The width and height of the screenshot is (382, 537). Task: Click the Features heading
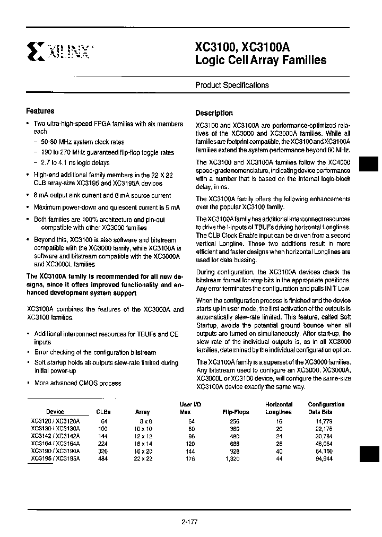click(x=40, y=111)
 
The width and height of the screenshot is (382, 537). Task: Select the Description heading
click(x=214, y=113)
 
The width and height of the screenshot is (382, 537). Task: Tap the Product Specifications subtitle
click(x=232, y=85)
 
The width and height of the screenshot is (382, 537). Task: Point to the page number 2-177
click(x=189, y=522)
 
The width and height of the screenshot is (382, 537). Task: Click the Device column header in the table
click(x=55, y=412)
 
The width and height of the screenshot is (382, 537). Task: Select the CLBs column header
click(x=103, y=412)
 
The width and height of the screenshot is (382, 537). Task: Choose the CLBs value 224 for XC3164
click(x=102, y=443)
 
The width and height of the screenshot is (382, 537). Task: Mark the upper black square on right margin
click(x=369, y=164)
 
